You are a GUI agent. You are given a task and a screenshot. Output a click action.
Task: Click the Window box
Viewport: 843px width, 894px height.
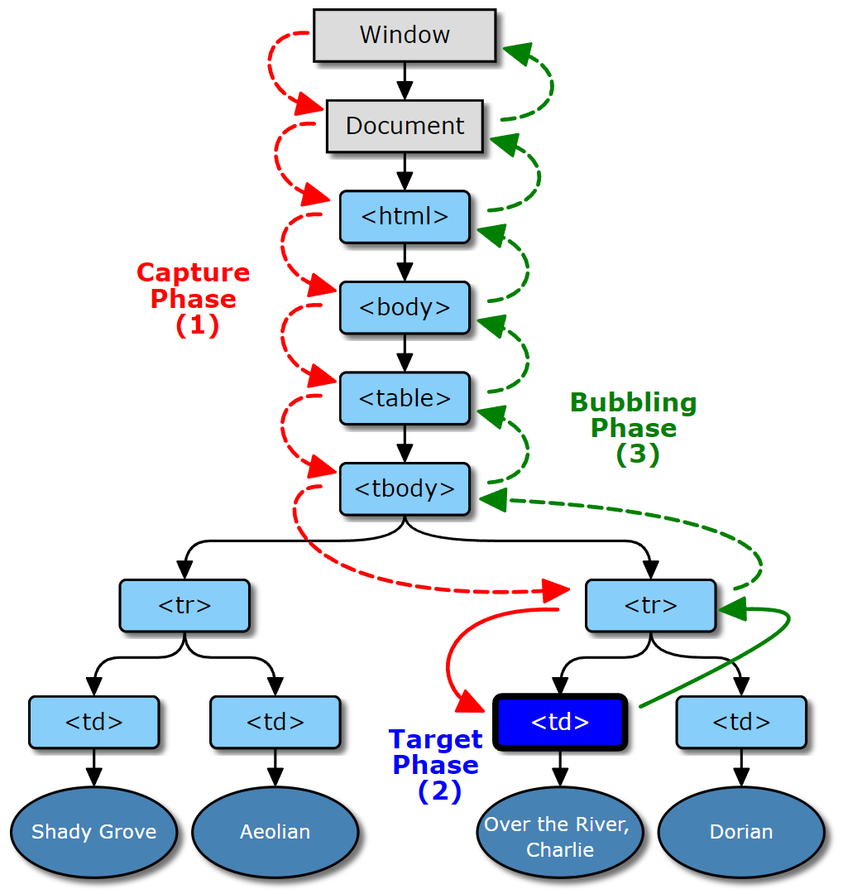(405, 35)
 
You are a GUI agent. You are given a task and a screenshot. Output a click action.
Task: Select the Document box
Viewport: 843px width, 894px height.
(405, 126)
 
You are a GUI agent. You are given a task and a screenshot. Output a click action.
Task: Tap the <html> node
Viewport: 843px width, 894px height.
(405, 217)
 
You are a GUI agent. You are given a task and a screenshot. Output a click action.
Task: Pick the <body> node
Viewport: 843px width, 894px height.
(405, 307)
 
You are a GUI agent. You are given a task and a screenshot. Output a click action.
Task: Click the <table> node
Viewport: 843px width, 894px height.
(405, 398)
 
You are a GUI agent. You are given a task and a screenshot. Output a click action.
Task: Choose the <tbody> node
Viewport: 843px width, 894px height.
(405, 488)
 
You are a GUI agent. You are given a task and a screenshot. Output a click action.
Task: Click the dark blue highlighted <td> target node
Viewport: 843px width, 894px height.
(560, 722)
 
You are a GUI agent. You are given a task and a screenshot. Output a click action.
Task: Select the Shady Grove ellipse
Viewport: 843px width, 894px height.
(93, 832)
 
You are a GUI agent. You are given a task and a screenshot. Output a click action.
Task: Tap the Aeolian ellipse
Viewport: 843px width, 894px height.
(275, 832)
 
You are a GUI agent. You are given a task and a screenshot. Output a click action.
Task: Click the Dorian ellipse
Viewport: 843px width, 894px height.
(741, 832)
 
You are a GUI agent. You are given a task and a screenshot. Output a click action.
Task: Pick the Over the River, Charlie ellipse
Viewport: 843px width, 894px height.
(560, 836)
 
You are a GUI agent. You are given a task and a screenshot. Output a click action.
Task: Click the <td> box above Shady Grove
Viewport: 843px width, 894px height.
(93, 722)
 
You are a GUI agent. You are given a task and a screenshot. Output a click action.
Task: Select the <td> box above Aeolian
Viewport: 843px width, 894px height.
(275, 722)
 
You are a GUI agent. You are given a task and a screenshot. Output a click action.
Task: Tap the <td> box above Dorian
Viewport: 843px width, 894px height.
(741, 722)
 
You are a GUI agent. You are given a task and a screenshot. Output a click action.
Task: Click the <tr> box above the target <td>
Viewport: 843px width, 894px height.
(650, 605)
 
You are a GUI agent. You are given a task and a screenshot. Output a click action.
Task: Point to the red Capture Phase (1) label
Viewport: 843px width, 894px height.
(194, 298)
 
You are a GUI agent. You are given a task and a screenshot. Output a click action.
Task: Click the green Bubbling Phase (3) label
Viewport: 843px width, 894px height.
(634, 428)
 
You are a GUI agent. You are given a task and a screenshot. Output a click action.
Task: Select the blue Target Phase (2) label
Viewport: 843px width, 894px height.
(436, 764)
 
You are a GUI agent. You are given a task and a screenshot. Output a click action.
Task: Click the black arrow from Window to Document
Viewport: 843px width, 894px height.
(405, 81)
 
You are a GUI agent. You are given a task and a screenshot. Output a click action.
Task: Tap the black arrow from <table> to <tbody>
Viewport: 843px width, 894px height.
(405, 444)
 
